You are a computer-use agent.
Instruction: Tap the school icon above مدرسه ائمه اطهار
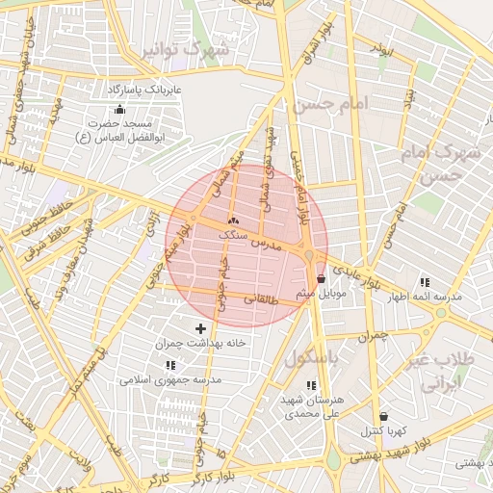coord(425,282)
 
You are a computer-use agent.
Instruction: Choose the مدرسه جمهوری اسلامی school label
coord(170,379)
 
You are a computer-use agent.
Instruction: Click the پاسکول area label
coord(314,357)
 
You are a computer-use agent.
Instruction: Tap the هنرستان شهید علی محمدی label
coord(314,405)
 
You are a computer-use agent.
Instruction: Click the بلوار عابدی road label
coord(349,272)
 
